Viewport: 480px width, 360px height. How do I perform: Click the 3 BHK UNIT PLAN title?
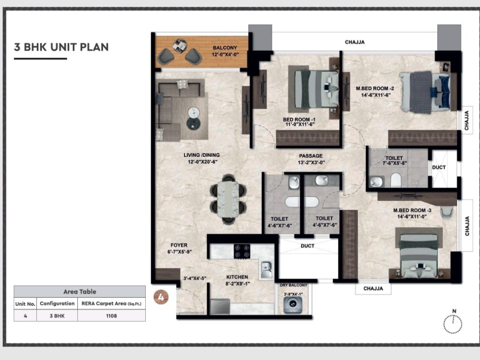pyautogui.click(x=61, y=47)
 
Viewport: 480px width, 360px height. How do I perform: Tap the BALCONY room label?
pyautogui.click(x=225, y=48)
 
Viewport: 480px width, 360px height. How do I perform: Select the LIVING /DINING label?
pyautogui.click(x=201, y=155)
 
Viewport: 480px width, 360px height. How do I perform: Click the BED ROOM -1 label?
pyautogui.click(x=299, y=120)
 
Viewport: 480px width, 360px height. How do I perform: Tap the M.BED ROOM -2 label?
pyautogui.click(x=375, y=88)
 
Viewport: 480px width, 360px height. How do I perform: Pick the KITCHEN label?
pyautogui.click(x=236, y=277)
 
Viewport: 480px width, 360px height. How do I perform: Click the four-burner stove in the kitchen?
pyautogui.click(x=242, y=251)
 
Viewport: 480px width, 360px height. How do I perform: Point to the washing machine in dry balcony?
pyautogui.click(x=292, y=305)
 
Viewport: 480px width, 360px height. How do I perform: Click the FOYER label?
pyautogui.click(x=179, y=245)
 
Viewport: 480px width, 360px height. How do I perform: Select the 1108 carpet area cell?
pyautogui.click(x=112, y=316)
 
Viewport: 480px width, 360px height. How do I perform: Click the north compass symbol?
pyautogui.click(x=452, y=323)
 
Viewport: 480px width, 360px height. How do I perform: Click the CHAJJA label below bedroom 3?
pyautogui.click(x=373, y=288)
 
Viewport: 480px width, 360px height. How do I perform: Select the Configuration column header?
pyautogui.click(x=57, y=304)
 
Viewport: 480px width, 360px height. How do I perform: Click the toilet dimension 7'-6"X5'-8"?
pyautogui.click(x=394, y=163)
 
